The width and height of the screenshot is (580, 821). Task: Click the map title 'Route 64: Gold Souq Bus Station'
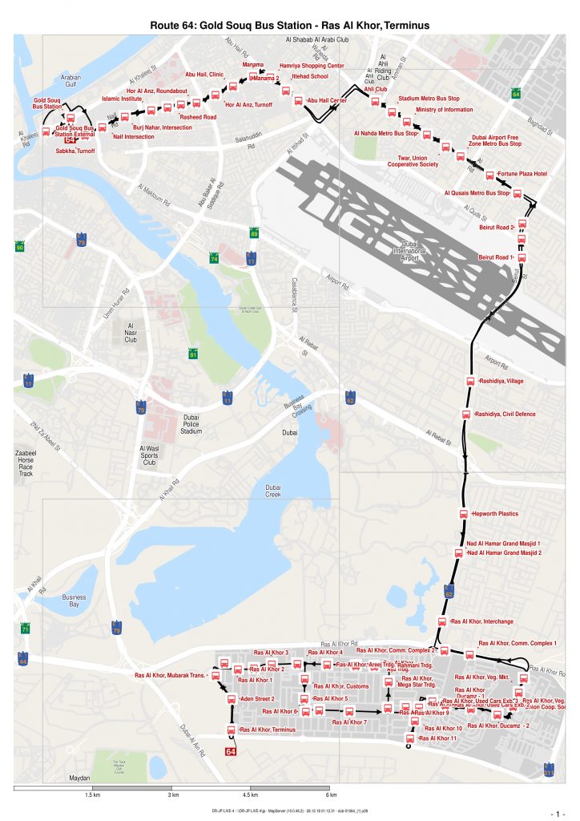(x=290, y=26)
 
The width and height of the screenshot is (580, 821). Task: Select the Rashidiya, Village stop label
(x=501, y=381)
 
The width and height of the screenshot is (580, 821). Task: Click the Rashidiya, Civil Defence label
(x=505, y=415)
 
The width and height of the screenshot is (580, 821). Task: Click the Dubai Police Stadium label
(x=191, y=424)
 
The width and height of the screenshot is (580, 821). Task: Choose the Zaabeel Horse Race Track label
(x=26, y=463)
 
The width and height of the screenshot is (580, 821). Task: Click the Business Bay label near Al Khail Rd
(x=74, y=601)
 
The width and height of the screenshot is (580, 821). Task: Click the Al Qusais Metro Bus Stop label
(x=477, y=193)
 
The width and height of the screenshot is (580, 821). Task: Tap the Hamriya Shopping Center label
(x=312, y=66)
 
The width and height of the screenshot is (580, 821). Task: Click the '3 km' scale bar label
(x=172, y=795)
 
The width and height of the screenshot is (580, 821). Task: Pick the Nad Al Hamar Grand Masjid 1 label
(x=504, y=544)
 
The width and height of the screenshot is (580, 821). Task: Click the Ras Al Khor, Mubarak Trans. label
(x=170, y=675)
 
